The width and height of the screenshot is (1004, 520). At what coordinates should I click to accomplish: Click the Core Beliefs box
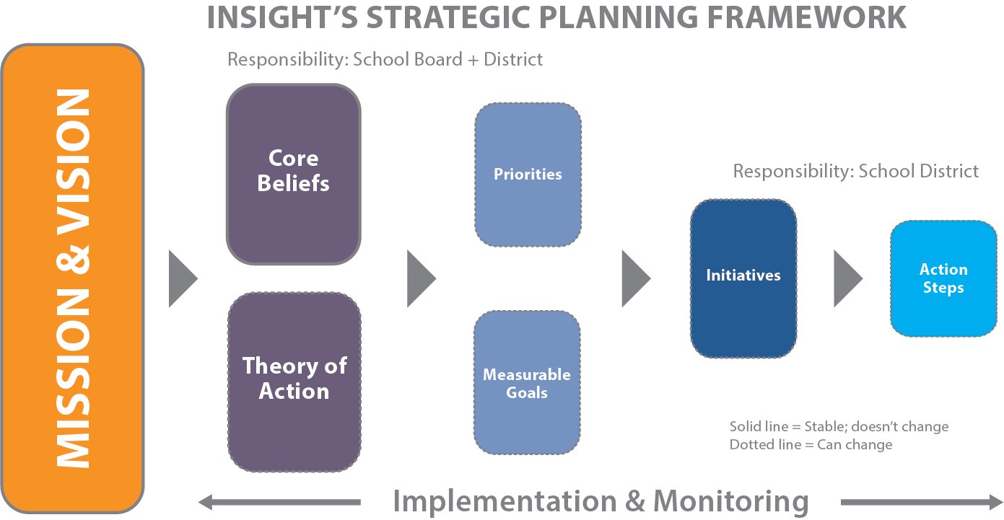[x=293, y=173]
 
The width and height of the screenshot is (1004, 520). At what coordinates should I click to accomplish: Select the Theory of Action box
[x=294, y=381]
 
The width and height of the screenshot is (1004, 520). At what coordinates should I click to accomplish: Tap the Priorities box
[x=528, y=175]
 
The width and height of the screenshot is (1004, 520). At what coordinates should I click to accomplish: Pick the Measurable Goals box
[x=527, y=383]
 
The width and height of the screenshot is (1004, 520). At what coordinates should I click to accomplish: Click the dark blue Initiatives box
[x=743, y=278]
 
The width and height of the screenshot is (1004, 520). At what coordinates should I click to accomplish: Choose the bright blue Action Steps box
[x=943, y=278]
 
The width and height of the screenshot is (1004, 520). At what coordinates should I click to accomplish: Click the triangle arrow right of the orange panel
[x=181, y=278]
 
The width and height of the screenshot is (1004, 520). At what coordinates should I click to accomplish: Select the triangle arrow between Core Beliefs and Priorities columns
[x=419, y=278]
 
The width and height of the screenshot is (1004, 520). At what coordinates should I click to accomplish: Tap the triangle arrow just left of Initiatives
[x=634, y=278]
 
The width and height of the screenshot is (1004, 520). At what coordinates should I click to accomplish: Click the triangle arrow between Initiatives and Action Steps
[x=846, y=278]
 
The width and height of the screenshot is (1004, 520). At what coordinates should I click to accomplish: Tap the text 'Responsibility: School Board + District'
[x=385, y=59]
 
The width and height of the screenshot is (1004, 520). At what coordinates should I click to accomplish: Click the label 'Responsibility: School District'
[x=855, y=171]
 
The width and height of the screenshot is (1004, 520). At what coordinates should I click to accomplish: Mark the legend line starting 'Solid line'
[x=839, y=426]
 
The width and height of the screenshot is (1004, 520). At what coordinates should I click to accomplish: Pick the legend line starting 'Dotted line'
[x=811, y=444]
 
